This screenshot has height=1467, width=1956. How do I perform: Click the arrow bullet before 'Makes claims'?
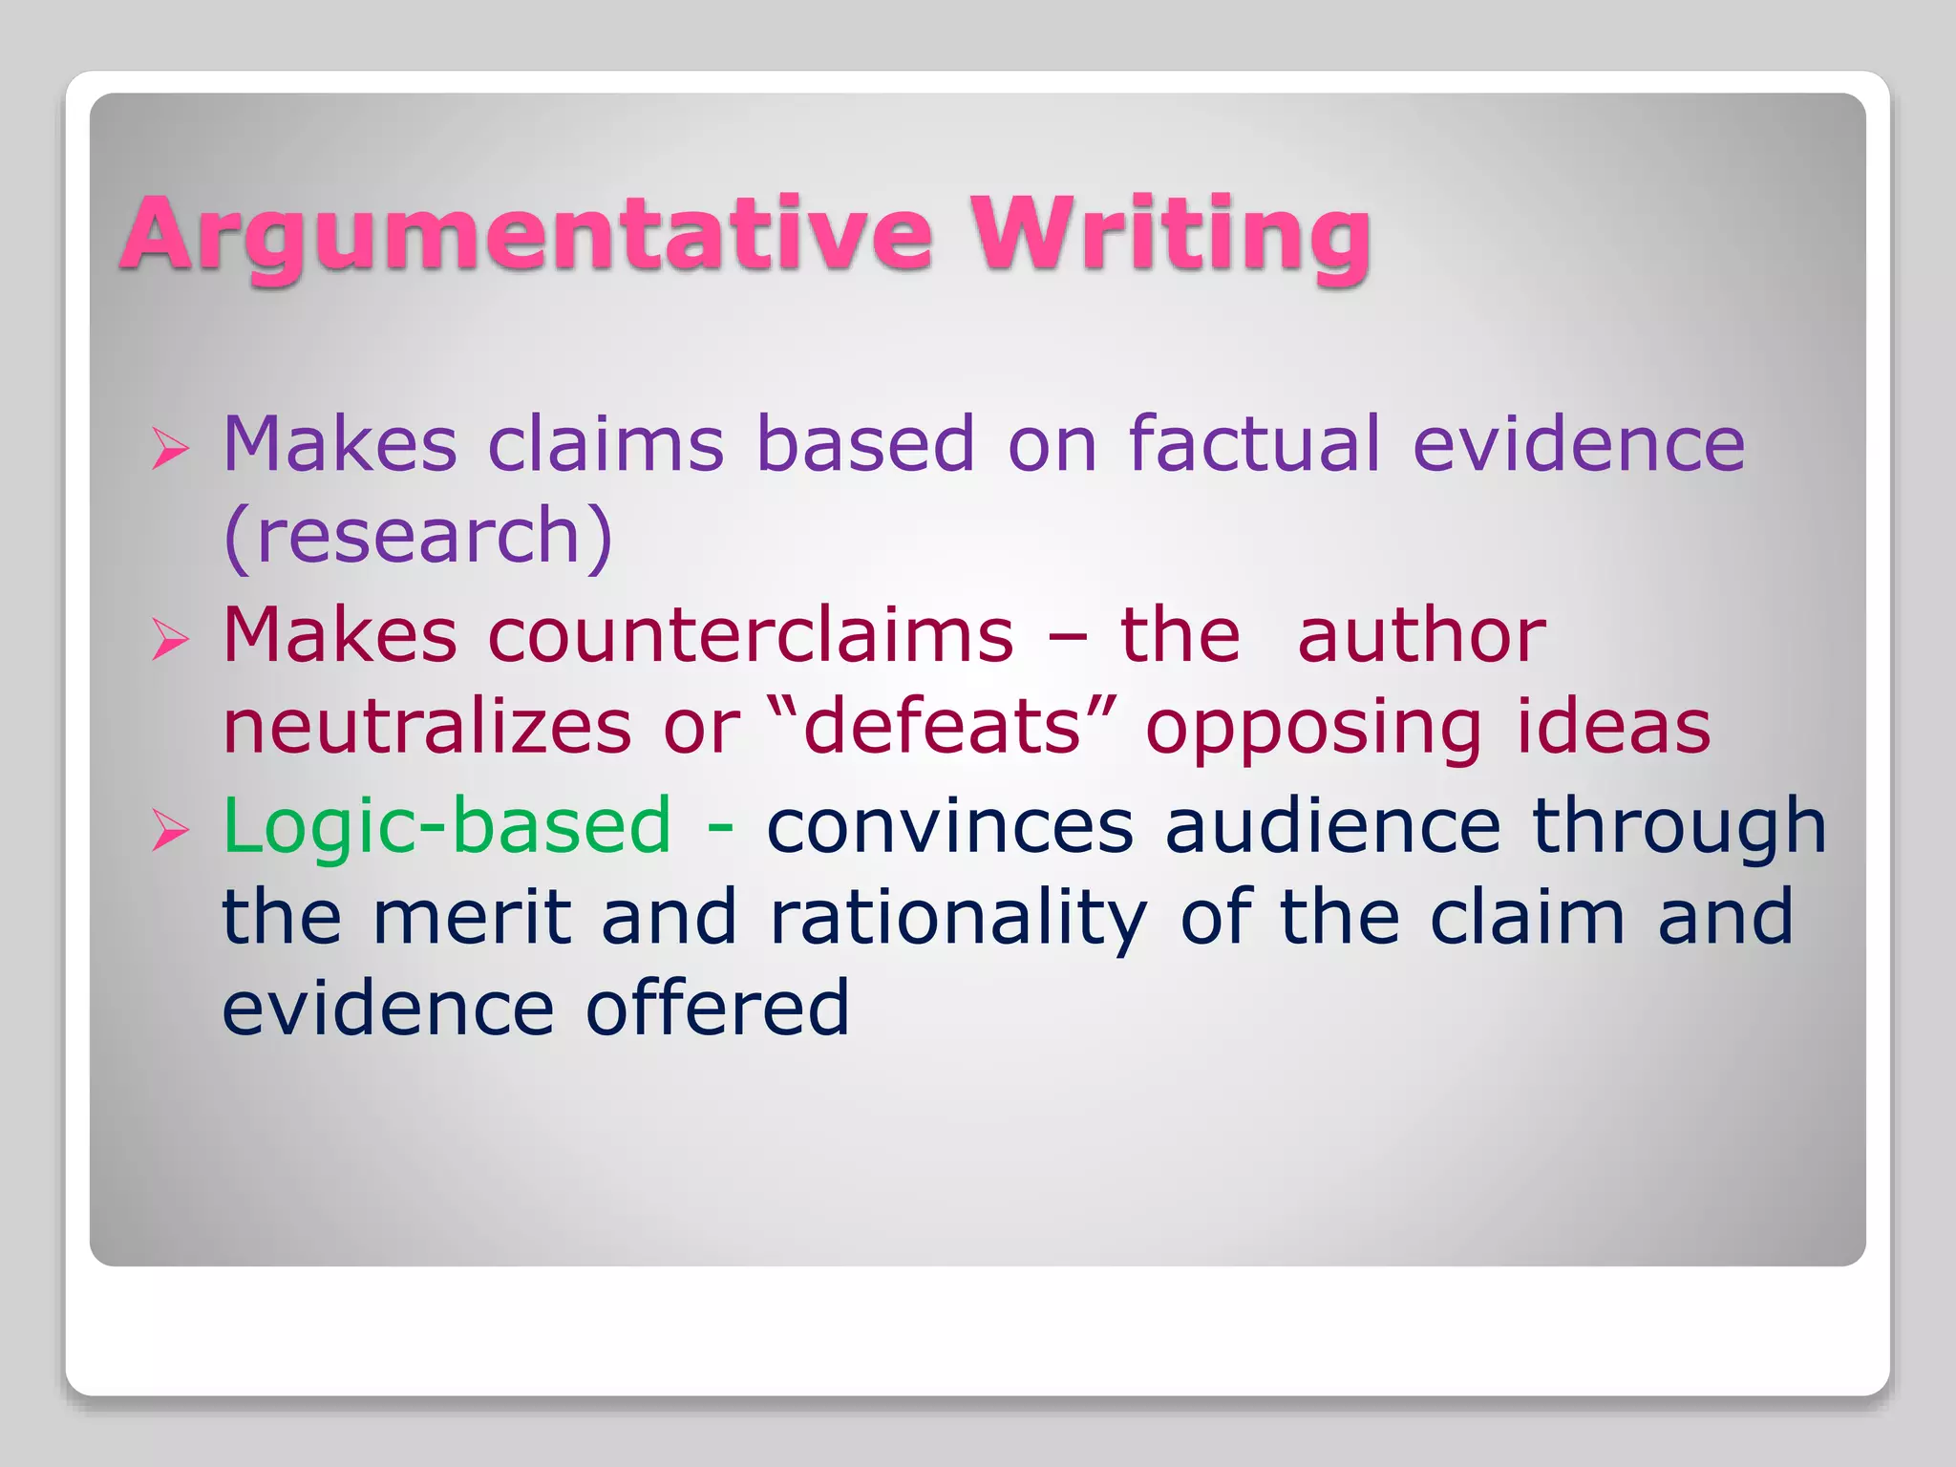pyautogui.click(x=170, y=448)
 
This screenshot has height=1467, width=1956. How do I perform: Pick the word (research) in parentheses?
pyautogui.click(x=417, y=537)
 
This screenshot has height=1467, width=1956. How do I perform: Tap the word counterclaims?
pyautogui.click(x=751, y=635)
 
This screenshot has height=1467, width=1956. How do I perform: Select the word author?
pyautogui.click(x=1421, y=635)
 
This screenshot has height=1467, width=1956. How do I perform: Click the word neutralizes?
pyautogui.click(x=427, y=727)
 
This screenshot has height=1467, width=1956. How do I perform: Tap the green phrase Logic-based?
pyautogui.click(x=447, y=826)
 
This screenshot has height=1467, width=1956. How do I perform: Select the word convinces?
pyautogui.click(x=949, y=826)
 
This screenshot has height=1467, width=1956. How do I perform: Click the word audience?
pyautogui.click(x=1332, y=826)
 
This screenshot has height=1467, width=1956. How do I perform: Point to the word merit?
pyautogui.click(x=472, y=917)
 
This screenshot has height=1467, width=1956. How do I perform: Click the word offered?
pyautogui.click(x=716, y=1009)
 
